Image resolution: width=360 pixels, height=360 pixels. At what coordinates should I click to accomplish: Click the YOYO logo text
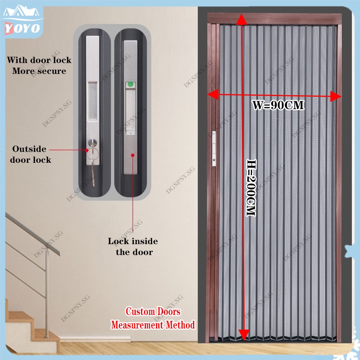(21, 28)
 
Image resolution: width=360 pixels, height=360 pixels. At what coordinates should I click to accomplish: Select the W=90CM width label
(278, 105)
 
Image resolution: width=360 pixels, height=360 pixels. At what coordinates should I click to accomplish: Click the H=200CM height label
(250, 187)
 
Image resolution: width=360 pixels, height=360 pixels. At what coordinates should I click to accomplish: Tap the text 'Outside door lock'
(30, 154)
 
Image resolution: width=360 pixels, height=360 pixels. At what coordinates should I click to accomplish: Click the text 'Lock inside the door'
(133, 246)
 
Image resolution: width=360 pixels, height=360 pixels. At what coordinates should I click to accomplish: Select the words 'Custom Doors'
(153, 312)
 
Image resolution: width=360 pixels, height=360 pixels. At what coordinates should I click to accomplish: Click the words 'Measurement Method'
(153, 325)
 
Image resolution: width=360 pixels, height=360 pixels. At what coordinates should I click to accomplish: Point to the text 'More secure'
(39, 71)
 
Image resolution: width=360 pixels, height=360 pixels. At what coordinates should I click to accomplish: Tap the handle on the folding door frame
(214, 148)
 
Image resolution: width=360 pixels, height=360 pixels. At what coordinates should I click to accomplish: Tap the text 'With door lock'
(39, 60)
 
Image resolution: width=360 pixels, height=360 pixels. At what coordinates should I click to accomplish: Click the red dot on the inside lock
(133, 154)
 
